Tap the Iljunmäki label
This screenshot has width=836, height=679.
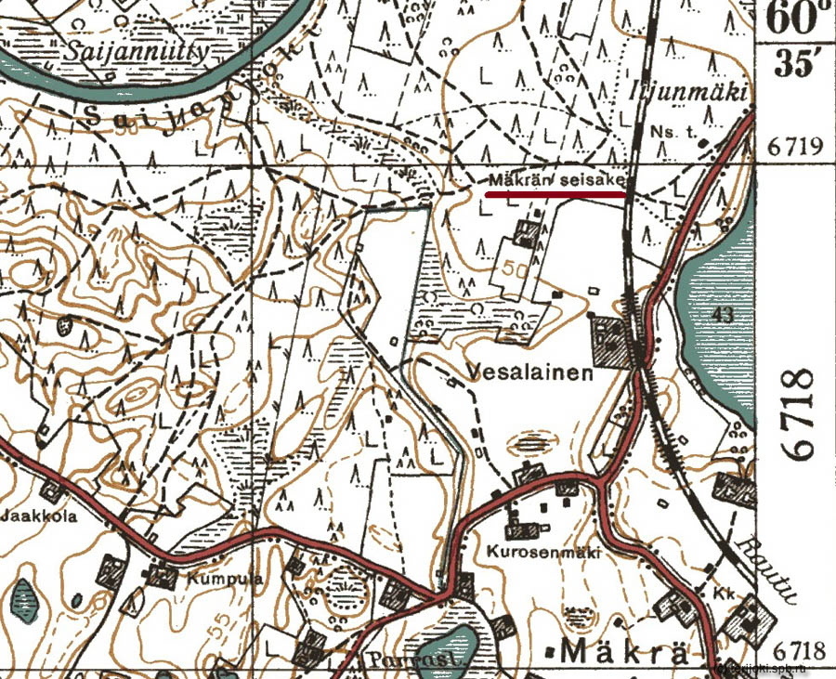(705, 90)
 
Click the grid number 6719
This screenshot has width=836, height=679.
(797, 147)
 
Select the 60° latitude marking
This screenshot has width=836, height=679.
(795, 18)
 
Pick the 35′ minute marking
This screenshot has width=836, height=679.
(795, 64)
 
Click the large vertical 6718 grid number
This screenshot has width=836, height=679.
(801, 413)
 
